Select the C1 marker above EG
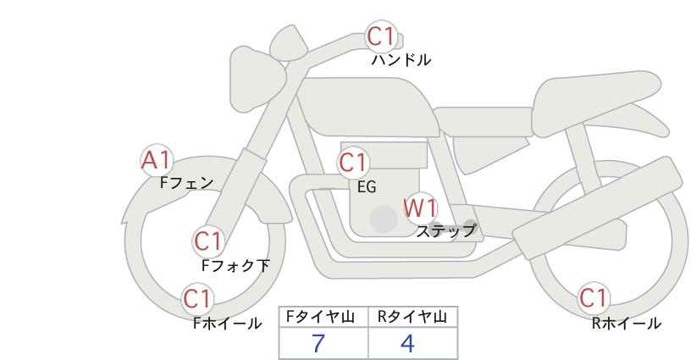point(353,163)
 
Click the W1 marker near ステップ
point(419,208)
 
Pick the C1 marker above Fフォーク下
point(207,241)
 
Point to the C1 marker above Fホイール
point(198,298)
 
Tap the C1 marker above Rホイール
point(593,297)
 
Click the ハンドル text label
point(401,60)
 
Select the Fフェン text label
point(186,182)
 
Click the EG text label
point(367,187)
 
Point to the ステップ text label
point(445,230)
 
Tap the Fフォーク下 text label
point(235,266)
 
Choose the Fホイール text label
point(228,323)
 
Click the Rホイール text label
point(627,323)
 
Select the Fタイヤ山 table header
point(323,317)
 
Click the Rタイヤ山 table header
point(412,317)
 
